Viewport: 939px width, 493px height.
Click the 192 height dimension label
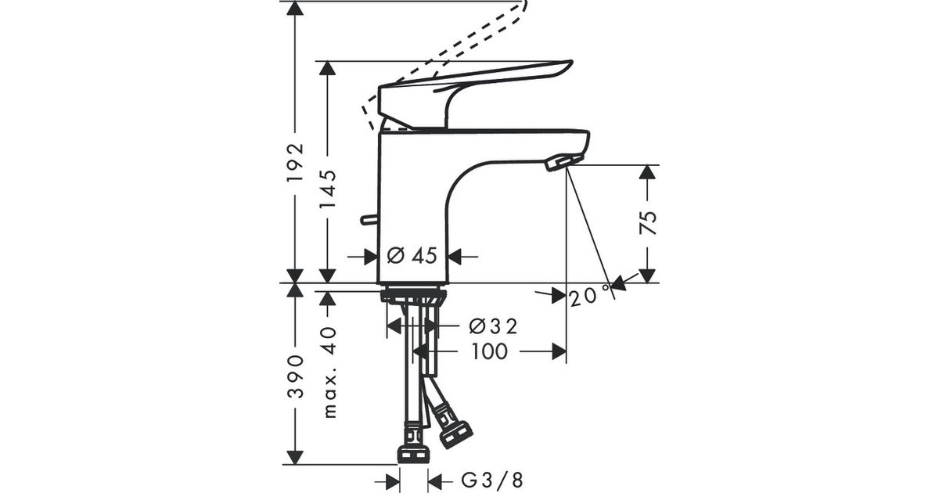coord(295,163)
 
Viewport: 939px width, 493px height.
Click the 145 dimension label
coord(327,189)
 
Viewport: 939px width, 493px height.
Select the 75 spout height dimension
coord(648,223)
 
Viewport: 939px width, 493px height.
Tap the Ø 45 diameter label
coord(412,256)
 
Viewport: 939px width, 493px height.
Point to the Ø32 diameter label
coord(493,326)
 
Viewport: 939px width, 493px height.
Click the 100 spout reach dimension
coord(490,351)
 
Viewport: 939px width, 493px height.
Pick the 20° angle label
coord(590,296)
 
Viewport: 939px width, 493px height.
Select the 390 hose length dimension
coord(295,376)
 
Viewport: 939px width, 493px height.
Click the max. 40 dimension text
coord(330,372)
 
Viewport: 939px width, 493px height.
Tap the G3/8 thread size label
coord(492,480)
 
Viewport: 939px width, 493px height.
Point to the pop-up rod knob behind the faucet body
coord(369,220)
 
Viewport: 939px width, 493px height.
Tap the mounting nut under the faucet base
coord(412,297)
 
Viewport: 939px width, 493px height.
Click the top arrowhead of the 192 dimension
coord(295,9)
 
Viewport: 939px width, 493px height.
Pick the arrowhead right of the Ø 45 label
coord(455,256)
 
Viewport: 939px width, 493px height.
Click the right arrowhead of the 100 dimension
coord(559,351)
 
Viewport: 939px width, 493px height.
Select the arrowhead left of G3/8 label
coord(393,480)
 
